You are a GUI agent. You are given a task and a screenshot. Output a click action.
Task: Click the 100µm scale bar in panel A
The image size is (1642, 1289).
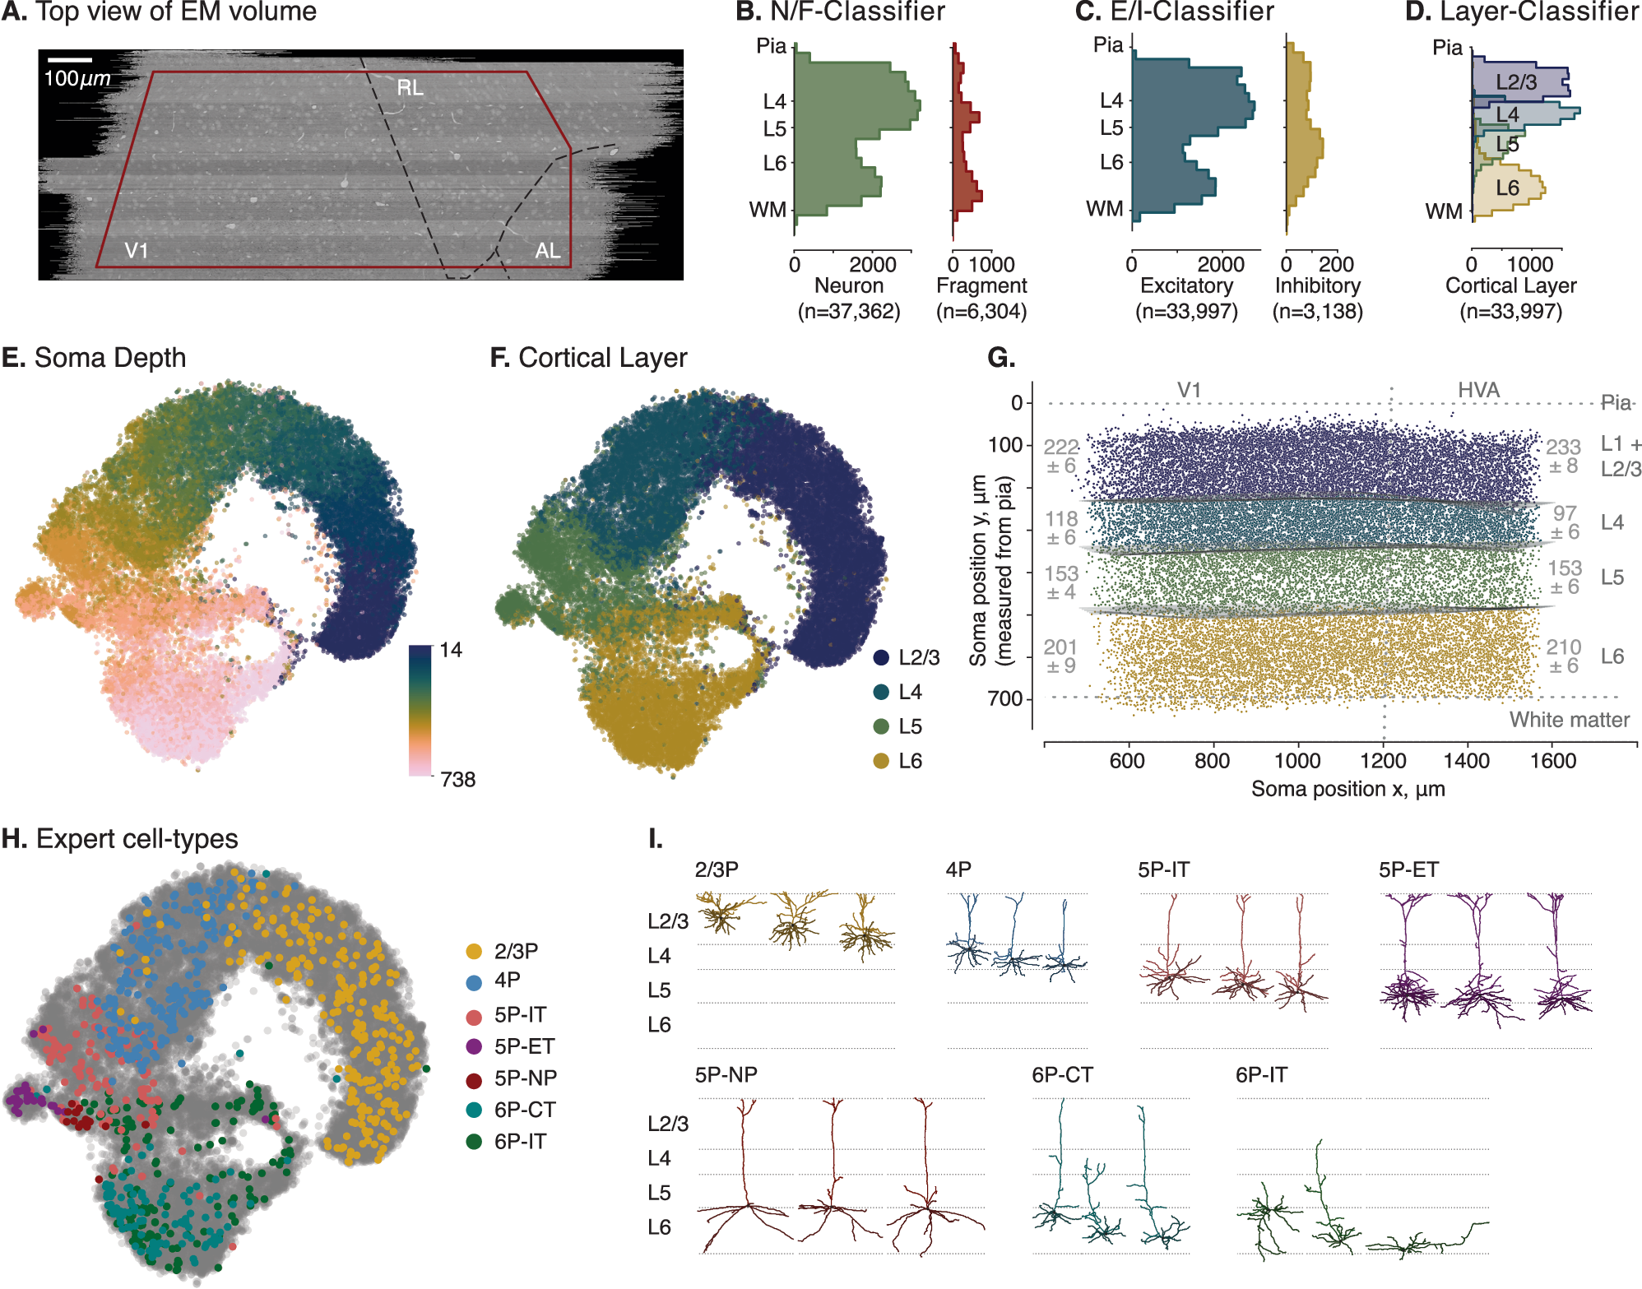[x=69, y=60]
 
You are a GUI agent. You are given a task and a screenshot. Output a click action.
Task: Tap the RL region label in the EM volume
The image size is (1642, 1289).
[x=410, y=87]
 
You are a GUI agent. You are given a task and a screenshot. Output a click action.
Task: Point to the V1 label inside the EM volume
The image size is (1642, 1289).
[x=137, y=250]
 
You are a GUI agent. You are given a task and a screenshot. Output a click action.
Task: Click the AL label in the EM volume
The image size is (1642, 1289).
[x=548, y=251]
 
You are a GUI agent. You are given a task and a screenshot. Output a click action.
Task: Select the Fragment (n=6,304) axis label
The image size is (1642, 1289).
[x=981, y=298]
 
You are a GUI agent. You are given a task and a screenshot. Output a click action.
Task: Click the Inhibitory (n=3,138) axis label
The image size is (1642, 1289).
[x=1317, y=298]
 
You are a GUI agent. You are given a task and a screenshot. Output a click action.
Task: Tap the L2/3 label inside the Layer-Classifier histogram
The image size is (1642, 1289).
[x=1515, y=82]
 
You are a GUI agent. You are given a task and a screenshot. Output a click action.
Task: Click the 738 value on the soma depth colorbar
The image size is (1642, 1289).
[x=457, y=779]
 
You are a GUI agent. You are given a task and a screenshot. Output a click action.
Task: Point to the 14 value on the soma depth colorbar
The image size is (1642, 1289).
[x=451, y=650]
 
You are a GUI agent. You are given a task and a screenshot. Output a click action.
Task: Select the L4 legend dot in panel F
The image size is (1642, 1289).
[x=881, y=692]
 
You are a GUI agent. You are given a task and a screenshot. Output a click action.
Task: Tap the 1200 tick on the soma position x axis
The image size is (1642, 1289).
[x=1383, y=760]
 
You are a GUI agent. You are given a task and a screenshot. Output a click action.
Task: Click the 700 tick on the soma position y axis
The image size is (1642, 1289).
[x=1004, y=698]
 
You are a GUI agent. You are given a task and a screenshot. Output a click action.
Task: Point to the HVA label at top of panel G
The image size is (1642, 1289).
[x=1478, y=390]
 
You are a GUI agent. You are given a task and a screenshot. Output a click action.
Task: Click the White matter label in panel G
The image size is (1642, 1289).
[x=1569, y=720]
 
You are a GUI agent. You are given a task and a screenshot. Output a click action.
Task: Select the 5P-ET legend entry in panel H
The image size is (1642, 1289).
[x=510, y=1046]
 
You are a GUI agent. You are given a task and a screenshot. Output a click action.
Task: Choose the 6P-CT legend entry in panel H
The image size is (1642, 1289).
[x=510, y=1110]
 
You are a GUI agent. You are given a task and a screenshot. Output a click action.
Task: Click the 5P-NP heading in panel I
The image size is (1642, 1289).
[x=726, y=1075]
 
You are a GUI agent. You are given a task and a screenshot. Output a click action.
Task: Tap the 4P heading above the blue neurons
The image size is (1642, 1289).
[x=958, y=869]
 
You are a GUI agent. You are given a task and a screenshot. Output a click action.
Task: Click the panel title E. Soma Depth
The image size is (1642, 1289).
[x=94, y=358]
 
